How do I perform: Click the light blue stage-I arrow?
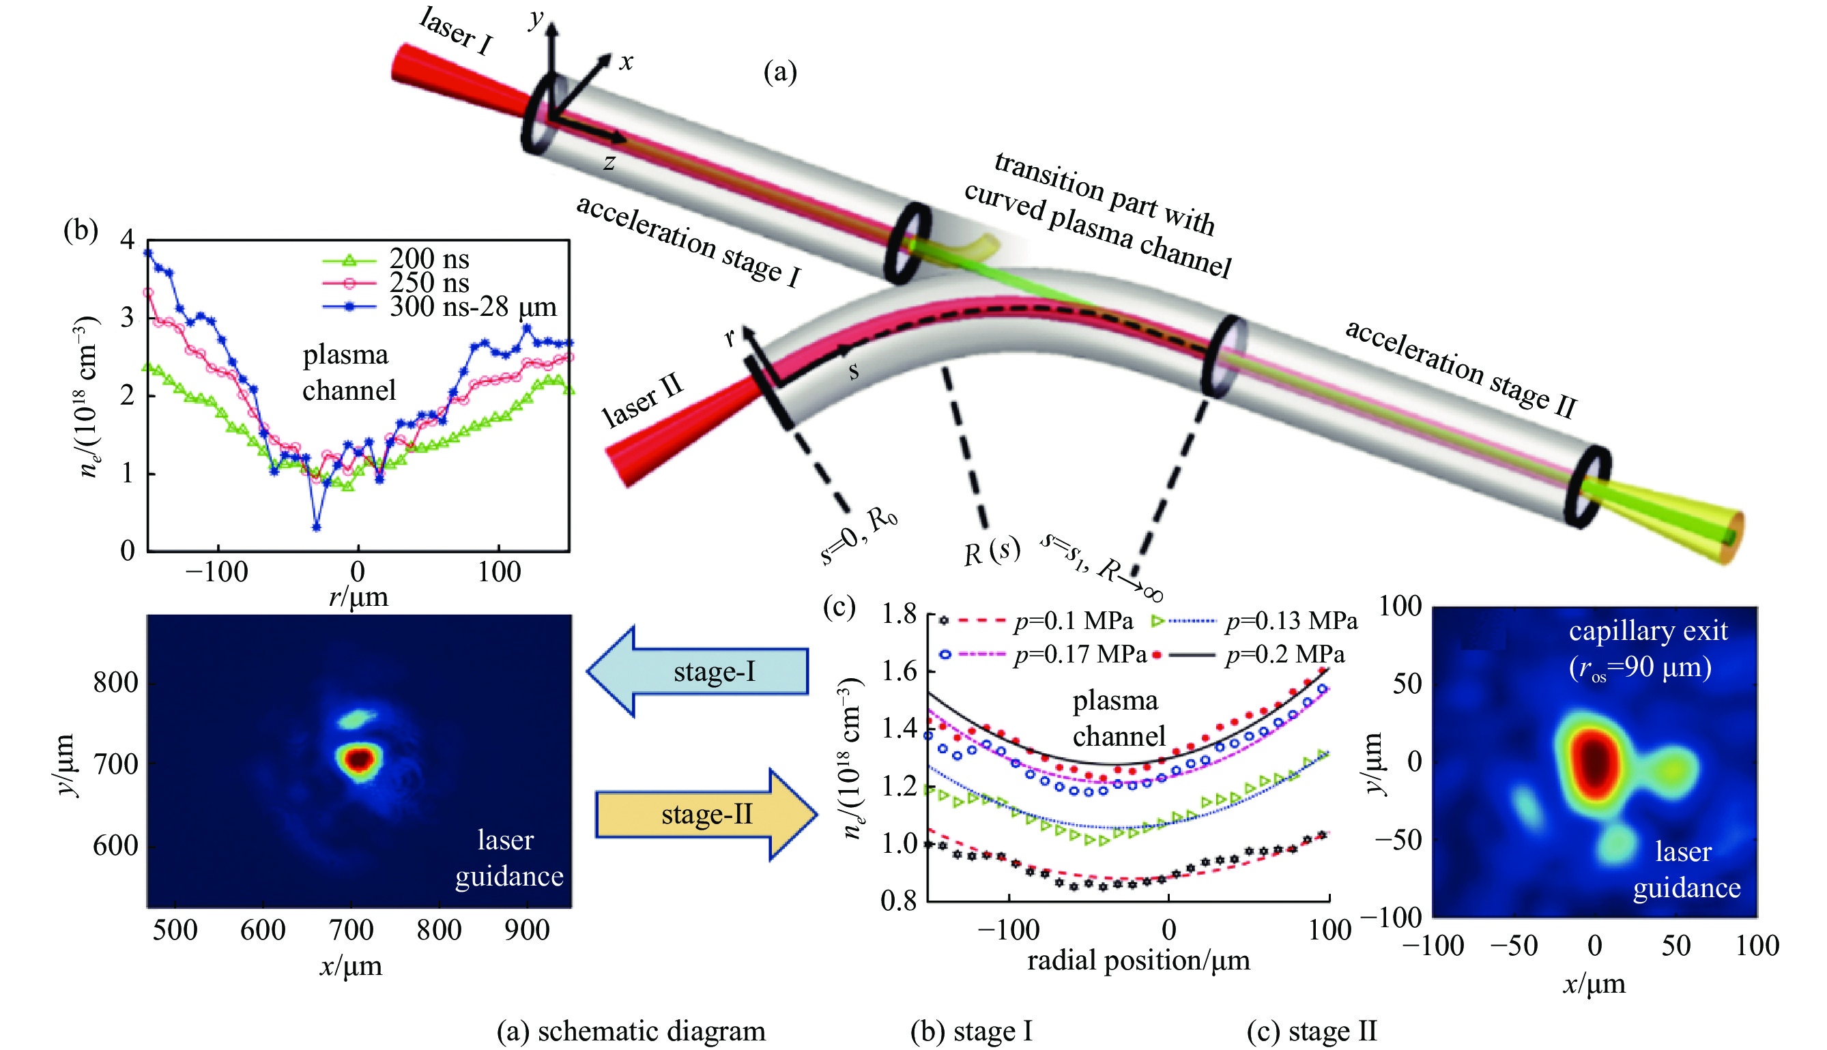coord(698,671)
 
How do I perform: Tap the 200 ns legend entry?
coord(429,259)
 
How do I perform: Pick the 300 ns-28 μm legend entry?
coord(472,307)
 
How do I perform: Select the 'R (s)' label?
coord(992,553)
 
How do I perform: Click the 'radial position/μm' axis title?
coord(1139,960)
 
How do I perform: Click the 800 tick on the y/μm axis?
coord(115,682)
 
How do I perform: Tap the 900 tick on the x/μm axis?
coord(528,931)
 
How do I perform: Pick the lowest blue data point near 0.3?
coord(316,527)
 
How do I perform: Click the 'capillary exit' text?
coord(1648,631)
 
